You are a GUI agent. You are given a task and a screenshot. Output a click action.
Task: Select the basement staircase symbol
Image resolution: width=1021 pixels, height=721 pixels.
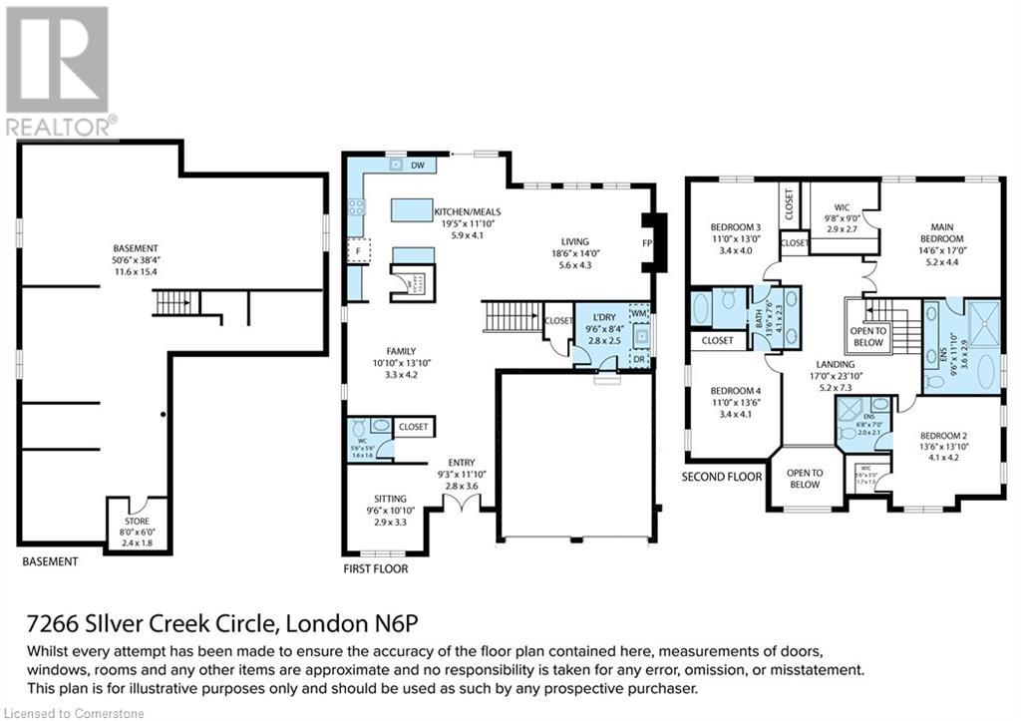click(x=172, y=302)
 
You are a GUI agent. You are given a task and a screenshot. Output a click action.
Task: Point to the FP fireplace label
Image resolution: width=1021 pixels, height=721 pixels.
click(x=647, y=242)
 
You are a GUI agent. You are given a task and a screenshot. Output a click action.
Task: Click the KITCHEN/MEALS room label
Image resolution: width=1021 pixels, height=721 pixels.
click(x=467, y=212)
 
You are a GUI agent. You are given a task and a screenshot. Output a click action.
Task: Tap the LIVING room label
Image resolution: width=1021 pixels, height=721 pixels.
click(x=574, y=241)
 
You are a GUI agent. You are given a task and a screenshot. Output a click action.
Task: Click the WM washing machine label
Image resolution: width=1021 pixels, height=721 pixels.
click(x=638, y=312)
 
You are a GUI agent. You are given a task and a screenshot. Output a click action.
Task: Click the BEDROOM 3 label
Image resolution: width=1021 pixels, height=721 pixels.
click(x=735, y=225)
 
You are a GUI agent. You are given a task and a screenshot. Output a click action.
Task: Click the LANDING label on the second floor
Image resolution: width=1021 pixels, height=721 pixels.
click(x=835, y=365)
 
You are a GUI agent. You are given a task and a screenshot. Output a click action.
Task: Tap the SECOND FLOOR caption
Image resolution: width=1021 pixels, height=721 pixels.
click(x=722, y=477)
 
